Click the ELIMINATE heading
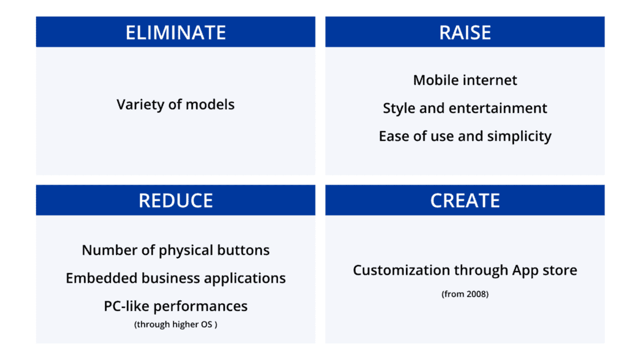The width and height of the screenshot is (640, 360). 175,32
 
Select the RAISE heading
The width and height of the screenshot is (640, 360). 465,32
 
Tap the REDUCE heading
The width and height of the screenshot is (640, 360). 175,201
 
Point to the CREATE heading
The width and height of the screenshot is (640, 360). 465,201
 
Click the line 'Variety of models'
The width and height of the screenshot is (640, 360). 175,105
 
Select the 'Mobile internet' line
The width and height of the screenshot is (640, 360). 465,81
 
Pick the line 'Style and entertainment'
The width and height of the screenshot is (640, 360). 465,108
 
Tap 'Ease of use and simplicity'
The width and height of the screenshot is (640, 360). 465,137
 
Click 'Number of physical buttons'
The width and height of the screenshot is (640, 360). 175,250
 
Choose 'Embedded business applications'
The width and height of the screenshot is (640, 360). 175,278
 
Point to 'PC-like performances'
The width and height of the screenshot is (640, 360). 175,307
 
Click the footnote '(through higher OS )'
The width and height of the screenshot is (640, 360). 175,324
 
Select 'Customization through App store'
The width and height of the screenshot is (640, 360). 465,270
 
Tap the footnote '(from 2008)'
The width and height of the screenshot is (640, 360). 465,294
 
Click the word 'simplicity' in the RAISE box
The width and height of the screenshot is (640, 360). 519,137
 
